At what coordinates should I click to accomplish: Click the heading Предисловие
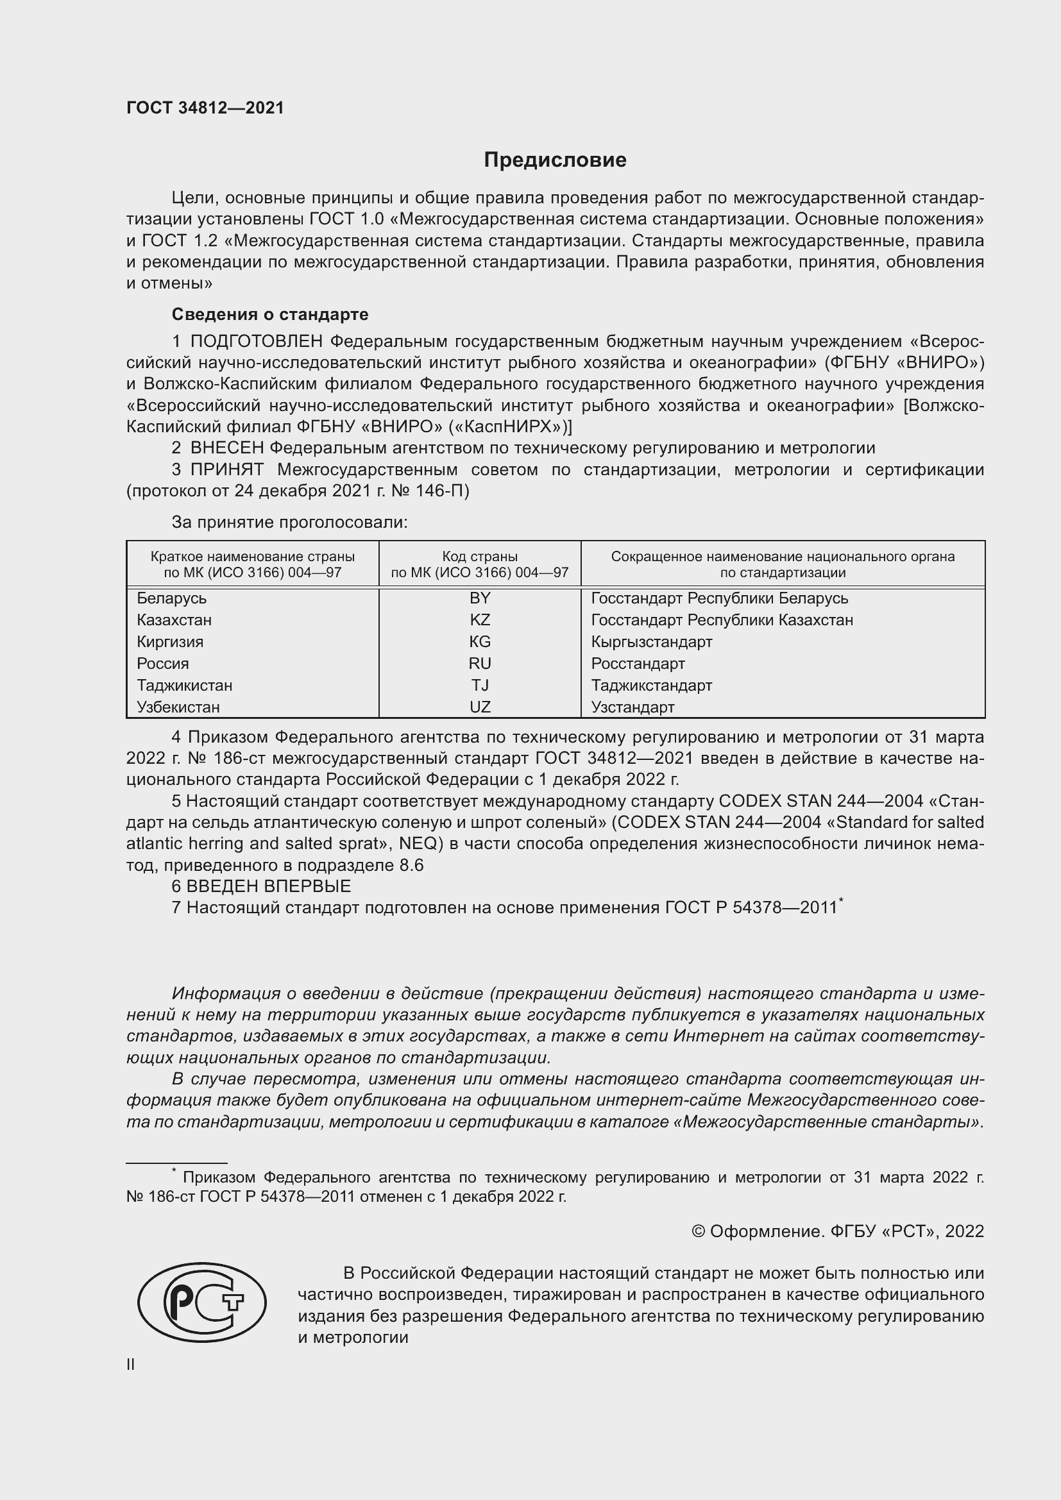pyautogui.click(x=555, y=160)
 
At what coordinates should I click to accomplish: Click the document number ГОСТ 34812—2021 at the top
pyautogui.click(x=205, y=108)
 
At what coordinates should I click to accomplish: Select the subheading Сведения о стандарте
pyautogui.click(x=270, y=314)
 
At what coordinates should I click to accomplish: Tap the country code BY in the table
pyautogui.click(x=480, y=598)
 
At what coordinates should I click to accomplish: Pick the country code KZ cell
pyautogui.click(x=480, y=619)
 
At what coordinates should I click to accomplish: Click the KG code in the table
pyautogui.click(x=480, y=641)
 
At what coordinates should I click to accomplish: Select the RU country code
pyautogui.click(x=480, y=663)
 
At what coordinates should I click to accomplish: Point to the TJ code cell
pyautogui.click(x=480, y=685)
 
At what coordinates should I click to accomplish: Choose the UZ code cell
pyautogui.click(x=480, y=707)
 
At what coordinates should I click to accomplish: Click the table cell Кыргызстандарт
pyautogui.click(x=651, y=641)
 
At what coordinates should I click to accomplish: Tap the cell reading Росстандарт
pyautogui.click(x=638, y=663)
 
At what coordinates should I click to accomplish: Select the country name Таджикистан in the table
pyautogui.click(x=184, y=685)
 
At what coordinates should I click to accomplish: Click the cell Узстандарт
pyautogui.click(x=632, y=707)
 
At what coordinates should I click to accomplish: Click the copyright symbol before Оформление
pyautogui.click(x=698, y=1231)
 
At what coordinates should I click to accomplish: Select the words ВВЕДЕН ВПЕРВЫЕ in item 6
pyautogui.click(x=269, y=886)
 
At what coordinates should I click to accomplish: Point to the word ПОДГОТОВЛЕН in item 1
pyautogui.click(x=256, y=341)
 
